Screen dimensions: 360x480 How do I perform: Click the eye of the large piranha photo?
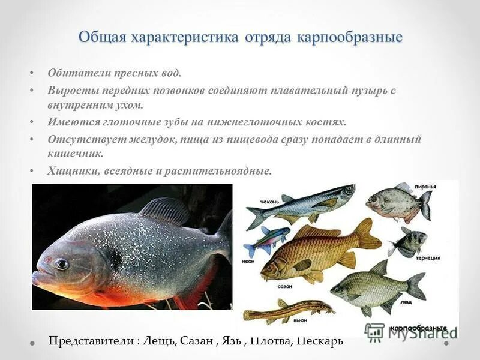tap(61, 264)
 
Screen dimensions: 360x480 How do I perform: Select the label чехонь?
tap(269, 202)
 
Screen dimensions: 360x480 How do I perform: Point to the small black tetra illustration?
tap(408, 242)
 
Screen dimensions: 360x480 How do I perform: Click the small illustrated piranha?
tap(396, 203)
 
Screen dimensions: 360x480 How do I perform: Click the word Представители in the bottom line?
tap(92, 341)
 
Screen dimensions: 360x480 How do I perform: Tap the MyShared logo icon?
tap(374, 332)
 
